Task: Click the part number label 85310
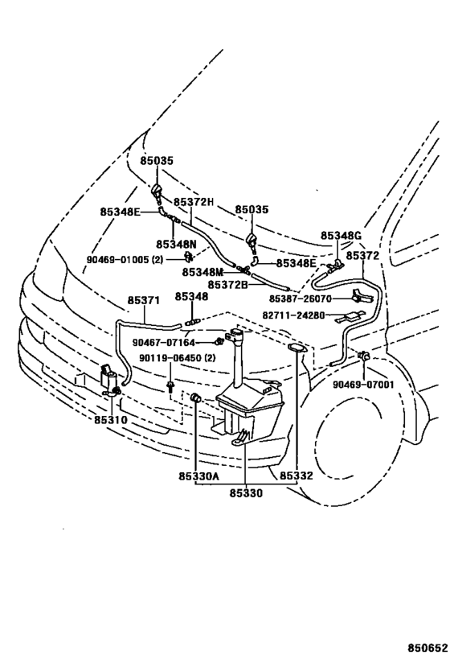point(110,420)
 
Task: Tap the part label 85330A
point(199,476)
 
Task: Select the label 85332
point(297,476)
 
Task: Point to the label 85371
point(144,300)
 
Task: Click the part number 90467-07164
point(164,343)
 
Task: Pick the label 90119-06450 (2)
point(178,358)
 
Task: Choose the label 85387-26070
point(301,299)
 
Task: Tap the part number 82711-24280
point(294,315)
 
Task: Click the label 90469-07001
point(363,384)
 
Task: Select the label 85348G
point(341,236)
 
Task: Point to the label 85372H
point(194,202)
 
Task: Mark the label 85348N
point(176,244)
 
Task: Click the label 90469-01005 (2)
point(125,260)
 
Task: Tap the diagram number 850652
point(427,646)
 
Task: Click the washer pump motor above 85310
point(109,379)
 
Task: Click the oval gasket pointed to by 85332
point(297,348)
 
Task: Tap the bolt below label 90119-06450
point(170,387)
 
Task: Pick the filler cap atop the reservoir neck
point(235,336)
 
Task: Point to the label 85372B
point(228,285)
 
